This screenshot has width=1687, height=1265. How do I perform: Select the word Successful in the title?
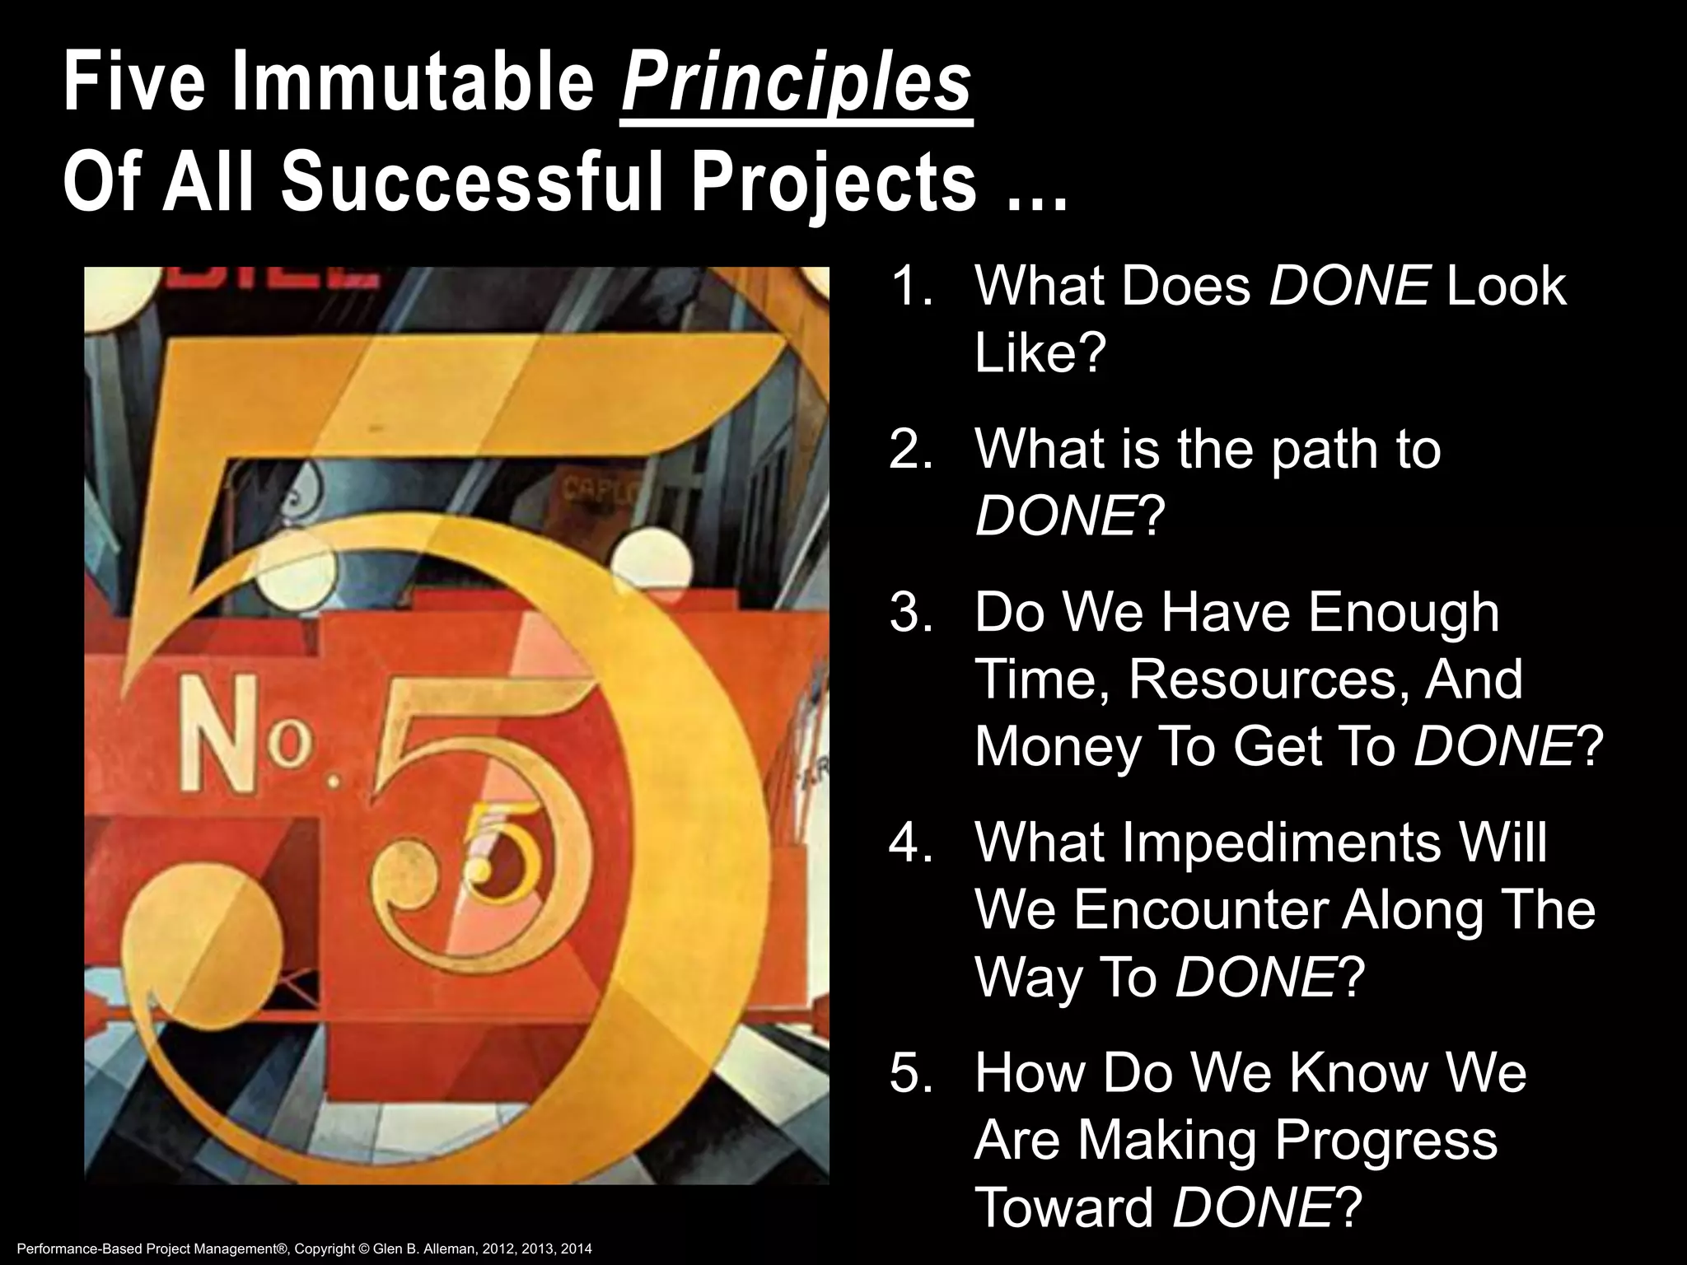(x=472, y=182)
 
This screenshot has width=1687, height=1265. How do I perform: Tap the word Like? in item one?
(x=1039, y=353)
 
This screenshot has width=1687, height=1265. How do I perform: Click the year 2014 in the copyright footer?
(x=577, y=1249)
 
